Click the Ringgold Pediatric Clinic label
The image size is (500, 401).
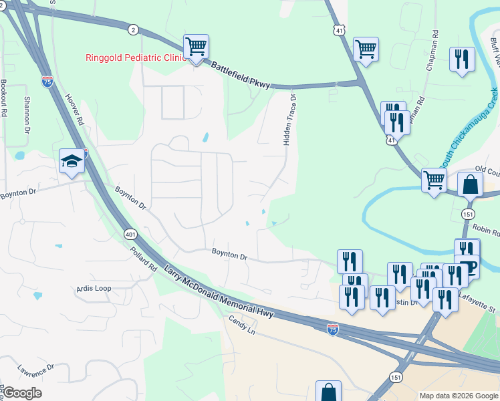click(134, 57)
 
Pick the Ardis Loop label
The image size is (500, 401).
click(94, 289)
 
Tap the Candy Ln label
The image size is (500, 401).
click(243, 327)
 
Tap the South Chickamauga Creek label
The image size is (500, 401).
click(468, 128)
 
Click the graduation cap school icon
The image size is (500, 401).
click(72, 160)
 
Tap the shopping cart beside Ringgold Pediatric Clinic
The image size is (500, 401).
click(196, 47)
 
